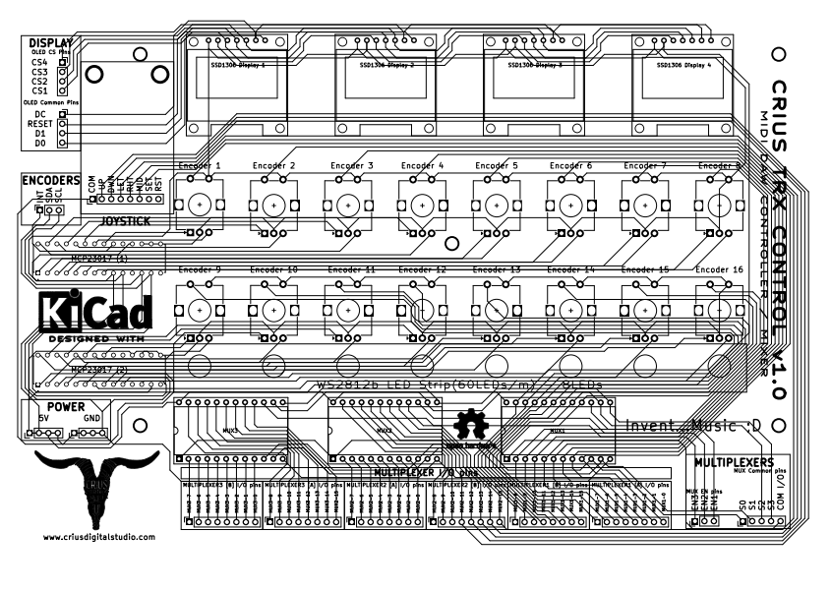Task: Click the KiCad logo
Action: click(96, 313)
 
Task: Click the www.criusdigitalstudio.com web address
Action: click(98, 537)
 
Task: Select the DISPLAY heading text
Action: click(51, 44)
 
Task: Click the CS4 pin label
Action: click(39, 62)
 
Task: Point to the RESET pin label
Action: click(39, 125)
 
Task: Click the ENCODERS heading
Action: click(50, 181)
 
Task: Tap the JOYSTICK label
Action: click(126, 222)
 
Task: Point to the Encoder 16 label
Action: click(719, 269)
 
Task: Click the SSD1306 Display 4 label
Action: click(684, 65)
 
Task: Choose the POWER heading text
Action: click(67, 406)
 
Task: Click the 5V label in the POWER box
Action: click(44, 418)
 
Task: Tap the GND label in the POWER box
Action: click(91, 418)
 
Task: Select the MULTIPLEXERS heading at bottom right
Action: click(734, 461)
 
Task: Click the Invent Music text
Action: click(693, 426)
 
